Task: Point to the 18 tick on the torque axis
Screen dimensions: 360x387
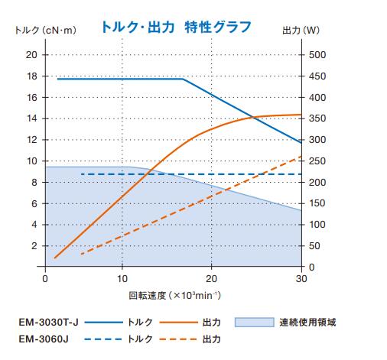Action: pyautogui.click(x=31, y=76)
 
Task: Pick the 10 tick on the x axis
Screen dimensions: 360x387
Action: pyautogui.click(x=122, y=278)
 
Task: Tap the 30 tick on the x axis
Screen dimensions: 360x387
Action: pyautogui.click(x=301, y=278)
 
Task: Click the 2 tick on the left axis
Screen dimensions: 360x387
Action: pyautogui.click(x=34, y=246)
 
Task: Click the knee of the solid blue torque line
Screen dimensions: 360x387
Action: pyautogui.click(x=184, y=79)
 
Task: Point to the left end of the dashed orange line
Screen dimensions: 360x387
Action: pyautogui.click(x=81, y=254)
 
